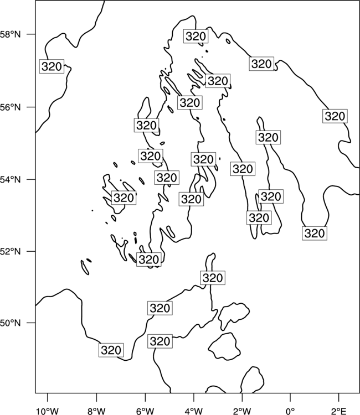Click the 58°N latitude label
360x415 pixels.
[x=11, y=34]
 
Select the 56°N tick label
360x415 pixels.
[x=11, y=107]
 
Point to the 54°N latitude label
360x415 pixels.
[x=11, y=180]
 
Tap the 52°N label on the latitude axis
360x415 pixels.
[x=11, y=251]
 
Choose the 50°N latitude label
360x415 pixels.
[x=11, y=323]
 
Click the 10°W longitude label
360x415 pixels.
[x=48, y=411]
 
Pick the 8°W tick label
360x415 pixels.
[x=96, y=411]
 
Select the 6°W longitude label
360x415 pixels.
[x=145, y=411]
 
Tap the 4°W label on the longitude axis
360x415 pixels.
[x=193, y=411]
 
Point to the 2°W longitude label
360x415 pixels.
[x=242, y=411]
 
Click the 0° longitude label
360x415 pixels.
[x=290, y=411]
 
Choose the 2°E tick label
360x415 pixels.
[x=339, y=411]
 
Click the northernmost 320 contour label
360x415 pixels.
[x=196, y=37]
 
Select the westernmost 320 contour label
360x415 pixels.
[x=52, y=66]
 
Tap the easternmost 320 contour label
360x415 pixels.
[x=335, y=116]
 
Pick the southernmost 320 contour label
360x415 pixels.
[x=111, y=350]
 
